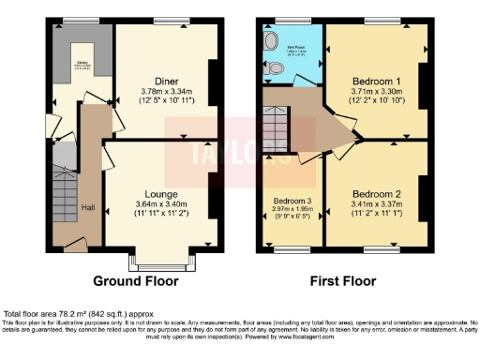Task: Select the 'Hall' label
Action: tap(87, 207)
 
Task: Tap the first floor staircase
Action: tap(276, 124)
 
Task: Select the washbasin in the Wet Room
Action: tap(270, 42)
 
